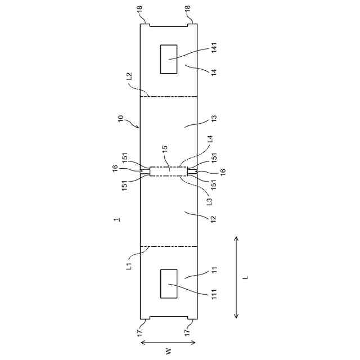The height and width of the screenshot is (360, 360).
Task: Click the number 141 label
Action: click(x=214, y=48)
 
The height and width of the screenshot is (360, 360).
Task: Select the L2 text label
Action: click(x=129, y=76)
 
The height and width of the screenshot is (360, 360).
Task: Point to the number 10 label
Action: click(x=120, y=119)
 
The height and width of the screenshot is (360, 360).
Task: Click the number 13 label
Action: click(x=214, y=119)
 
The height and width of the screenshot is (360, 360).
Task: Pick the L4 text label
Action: click(x=210, y=139)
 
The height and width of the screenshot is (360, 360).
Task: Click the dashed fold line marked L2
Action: click(x=169, y=97)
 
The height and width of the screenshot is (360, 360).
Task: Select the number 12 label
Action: click(x=214, y=219)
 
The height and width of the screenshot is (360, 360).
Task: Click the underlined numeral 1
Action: click(x=117, y=219)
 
